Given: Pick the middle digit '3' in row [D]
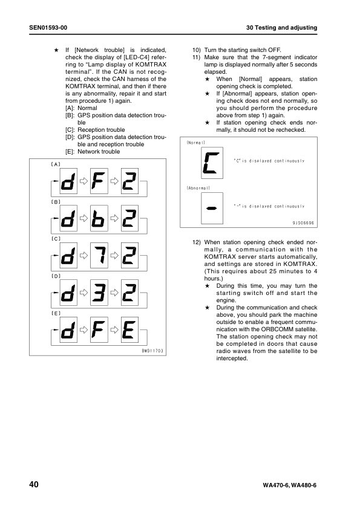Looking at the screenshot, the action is pyautogui.click(x=99, y=294).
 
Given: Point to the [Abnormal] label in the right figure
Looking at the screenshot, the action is pyautogui.click(x=197, y=189).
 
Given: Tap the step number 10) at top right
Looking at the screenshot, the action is pyautogui.click(x=196, y=50).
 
